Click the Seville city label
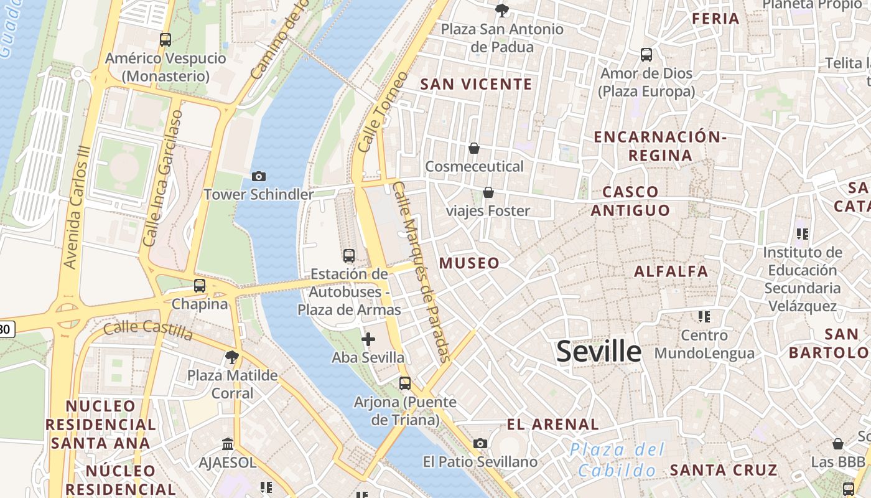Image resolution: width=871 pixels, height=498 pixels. [x=599, y=352]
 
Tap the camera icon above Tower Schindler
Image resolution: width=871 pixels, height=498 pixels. [x=259, y=177]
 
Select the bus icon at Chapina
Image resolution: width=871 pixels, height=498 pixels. [x=200, y=286]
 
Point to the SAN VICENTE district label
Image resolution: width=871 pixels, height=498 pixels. [x=476, y=84]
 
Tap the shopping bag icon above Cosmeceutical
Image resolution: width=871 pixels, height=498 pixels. [x=474, y=148]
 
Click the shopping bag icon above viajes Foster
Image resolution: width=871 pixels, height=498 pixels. [x=488, y=192]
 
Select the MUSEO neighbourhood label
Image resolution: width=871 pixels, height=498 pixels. [x=469, y=263]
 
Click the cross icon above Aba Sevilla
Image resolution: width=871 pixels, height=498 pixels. [x=368, y=339]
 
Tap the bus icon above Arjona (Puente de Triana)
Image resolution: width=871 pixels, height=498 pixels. [x=405, y=383]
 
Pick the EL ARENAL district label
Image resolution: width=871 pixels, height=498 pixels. [x=552, y=425]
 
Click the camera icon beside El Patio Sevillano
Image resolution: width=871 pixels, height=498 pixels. [x=480, y=443]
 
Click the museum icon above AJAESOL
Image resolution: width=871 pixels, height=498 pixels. [x=228, y=444]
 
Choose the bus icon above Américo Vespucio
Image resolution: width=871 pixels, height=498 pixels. [x=165, y=40]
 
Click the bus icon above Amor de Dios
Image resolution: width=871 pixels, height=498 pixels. [x=646, y=55]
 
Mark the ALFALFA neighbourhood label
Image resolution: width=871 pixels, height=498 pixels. [x=671, y=271]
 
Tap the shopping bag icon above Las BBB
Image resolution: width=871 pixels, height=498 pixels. [x=838, y=444]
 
